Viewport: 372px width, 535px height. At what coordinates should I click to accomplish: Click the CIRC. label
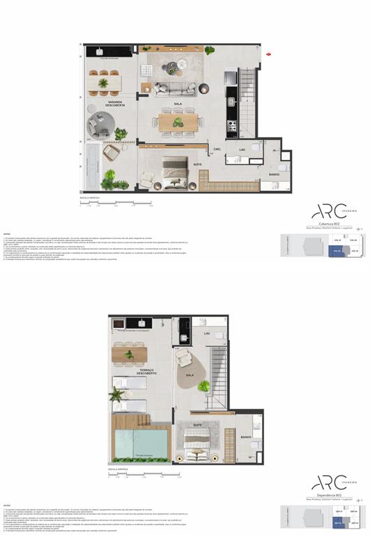pyautogui.click(x=217, y=148)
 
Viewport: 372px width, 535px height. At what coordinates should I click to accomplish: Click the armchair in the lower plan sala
pyautogui.click(x=184, y=357)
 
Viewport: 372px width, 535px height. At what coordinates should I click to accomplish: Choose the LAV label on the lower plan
pyautogui.click(x=207, y=334)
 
